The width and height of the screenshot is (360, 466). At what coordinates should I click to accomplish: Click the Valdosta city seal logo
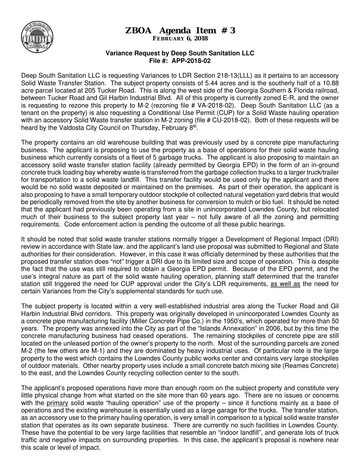(x=37, y=37)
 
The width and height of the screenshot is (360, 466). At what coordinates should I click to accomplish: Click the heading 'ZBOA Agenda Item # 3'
(x=180, y=30)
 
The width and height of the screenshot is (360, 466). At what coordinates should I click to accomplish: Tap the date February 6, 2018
(x=180, y=38)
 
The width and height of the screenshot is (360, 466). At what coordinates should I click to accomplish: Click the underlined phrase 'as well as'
(x=285, y=284)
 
